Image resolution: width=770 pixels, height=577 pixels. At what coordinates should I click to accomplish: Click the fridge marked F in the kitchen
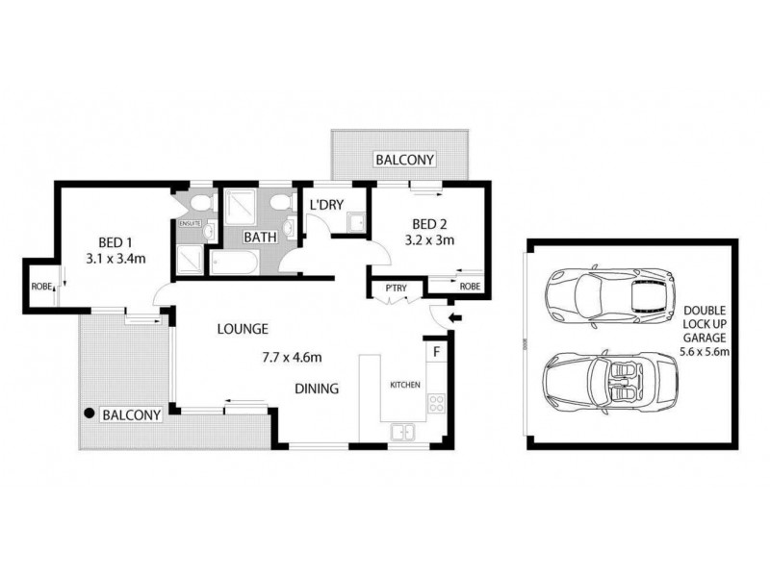(x=436, y=352)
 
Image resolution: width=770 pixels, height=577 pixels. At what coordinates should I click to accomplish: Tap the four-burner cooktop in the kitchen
(x=436, y=404)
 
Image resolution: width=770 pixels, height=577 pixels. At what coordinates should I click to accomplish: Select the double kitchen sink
(x=402, y=432)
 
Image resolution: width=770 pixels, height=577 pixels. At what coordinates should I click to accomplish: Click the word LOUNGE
(x=243, y=329)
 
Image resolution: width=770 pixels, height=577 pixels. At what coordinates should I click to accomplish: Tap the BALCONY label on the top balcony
(x=404, y=160)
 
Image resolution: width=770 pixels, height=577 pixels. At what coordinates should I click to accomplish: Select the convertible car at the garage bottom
(x=597, y=383)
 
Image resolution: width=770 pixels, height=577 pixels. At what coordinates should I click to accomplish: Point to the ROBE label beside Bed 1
(x=41, y=286)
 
